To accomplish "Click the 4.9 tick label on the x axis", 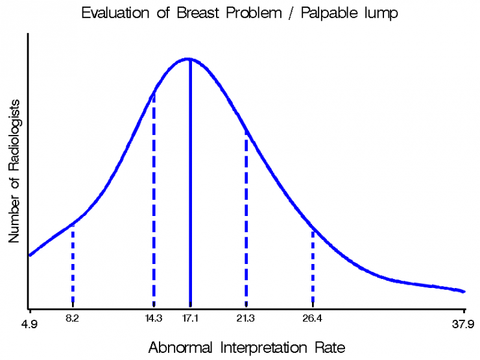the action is click(29, 324).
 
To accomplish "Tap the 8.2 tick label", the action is click(72, 318).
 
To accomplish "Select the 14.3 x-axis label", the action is click(154, 318).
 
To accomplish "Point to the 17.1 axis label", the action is click(191, 318).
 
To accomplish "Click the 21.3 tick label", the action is click(245, 318).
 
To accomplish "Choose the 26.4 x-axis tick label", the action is click(312, 318).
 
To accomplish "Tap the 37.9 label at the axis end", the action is click(463, 324).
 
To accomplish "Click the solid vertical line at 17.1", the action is click(191, 183).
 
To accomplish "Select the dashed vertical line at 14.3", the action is click(154, 199).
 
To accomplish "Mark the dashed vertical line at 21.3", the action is click(246, 219).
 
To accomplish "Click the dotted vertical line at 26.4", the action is click(313, 267).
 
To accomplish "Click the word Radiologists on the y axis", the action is click(14, 136).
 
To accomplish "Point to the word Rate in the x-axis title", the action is click(330, 348).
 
